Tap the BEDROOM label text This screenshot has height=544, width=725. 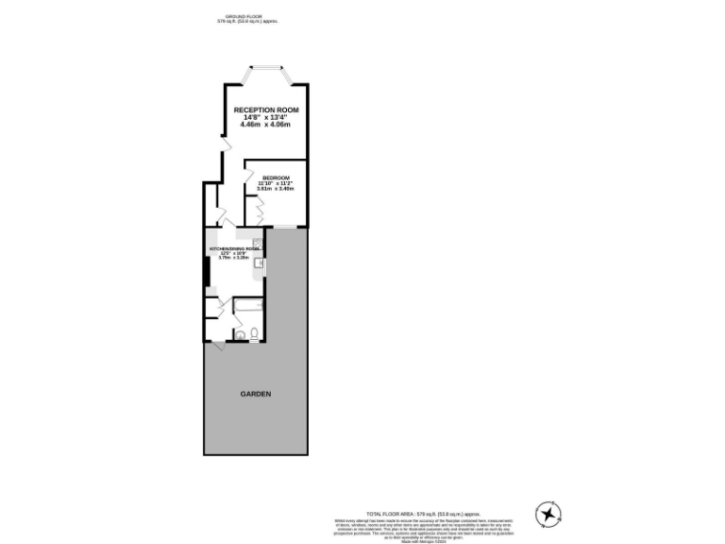[276, 178]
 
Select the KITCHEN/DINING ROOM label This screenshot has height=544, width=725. [233, 248]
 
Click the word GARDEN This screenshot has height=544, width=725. [255, 394]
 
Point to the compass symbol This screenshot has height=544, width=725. [548, 513]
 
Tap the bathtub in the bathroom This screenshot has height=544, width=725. [246, 307]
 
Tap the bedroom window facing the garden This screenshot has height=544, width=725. [285, 227]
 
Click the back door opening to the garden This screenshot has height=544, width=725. [219, 347]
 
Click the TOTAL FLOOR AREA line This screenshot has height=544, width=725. [416, 510]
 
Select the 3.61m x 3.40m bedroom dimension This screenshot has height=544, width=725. [276, 189]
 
